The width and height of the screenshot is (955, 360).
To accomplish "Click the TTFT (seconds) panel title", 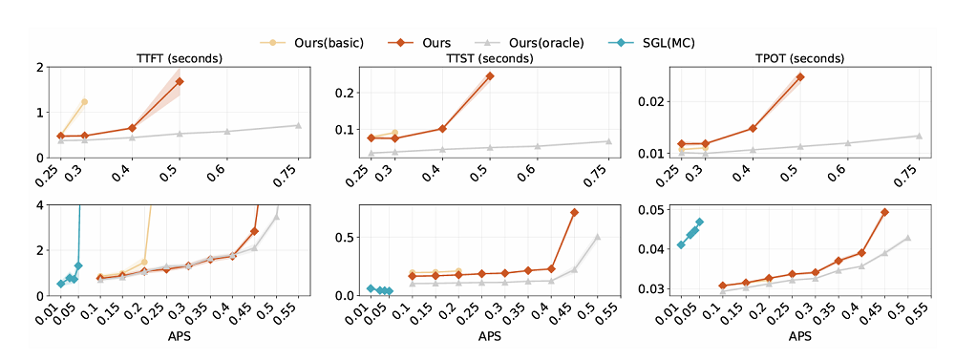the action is pyautogui.click(x=179, y=59).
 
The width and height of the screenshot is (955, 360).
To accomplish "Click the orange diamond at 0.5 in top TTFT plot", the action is pyautogui.click(x=180, y=81).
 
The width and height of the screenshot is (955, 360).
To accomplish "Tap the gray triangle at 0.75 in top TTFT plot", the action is pyautogui.click(x=298, y=125).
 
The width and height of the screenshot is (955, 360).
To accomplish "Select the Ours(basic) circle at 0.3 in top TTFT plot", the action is pyautogui.click(x=84, y=102).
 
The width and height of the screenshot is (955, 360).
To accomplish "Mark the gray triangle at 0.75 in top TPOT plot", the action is pyautogui.click(x=919, y=136).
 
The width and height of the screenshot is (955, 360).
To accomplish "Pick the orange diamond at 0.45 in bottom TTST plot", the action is pyautogui.click(x=574, y=213).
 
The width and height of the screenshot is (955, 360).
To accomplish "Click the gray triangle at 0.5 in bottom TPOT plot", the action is pyautogui.click(x=907, y=238).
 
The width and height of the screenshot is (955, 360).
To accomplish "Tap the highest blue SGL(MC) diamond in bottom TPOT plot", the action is pyautogui.click(x=699, y=222).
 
